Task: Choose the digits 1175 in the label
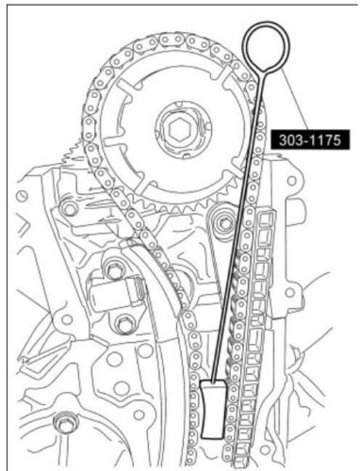point(323,138)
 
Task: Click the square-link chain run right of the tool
point(260,311)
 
